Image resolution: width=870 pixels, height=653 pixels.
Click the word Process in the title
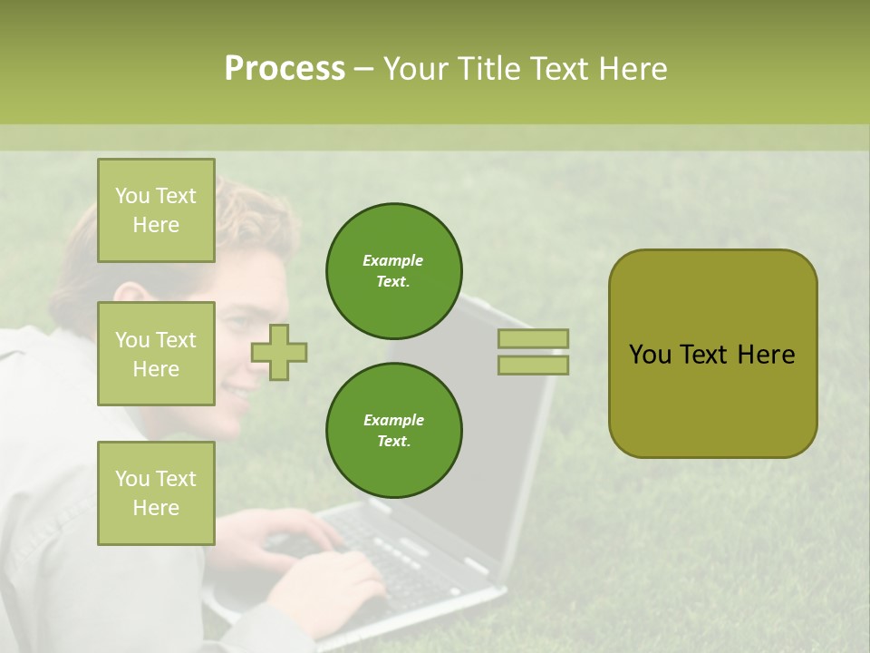pyautogui.click(x=285, y=69)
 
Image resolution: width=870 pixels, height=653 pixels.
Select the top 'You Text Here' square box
pyautogui.click(x=156, y=210)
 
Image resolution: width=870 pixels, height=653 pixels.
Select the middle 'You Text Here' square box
pyautogui.click(x=156, y=354)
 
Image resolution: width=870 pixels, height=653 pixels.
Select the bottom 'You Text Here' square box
pyautogui.click(x=156, y=492)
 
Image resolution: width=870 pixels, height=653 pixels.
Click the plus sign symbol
pyautogui.click(x=279, y=352)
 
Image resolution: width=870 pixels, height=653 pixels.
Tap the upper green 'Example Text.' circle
pyautogui.click(x=393, y=271)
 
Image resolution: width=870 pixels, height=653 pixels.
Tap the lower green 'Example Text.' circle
pyautogui.click(x=393, y=431)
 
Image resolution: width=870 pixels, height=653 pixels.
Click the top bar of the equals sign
pyautogui.click(x=533, y=338)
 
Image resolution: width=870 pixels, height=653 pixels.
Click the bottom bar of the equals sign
pyautogui.click(x=533, y=365)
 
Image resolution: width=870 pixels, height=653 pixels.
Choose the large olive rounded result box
pyautogui.click(x=712, y=354)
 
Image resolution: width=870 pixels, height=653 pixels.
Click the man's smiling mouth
pyautogui.click(x=237, y=392)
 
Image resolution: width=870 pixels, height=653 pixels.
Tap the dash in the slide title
pyautogui.click(x=363, y=69)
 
